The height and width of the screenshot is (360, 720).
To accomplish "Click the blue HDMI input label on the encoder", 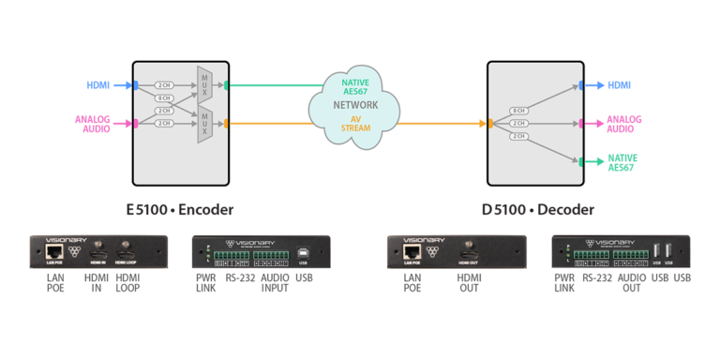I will coord(98,85).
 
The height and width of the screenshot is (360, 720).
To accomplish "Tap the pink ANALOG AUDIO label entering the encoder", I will coord(93,123).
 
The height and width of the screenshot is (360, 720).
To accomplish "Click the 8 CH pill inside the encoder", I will coord(164,98).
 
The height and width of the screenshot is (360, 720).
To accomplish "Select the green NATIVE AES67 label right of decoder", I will coord(622,162).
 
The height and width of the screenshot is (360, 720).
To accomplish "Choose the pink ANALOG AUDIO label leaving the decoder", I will coord(624,124).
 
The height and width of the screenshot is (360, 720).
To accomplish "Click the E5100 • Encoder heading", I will coord(179,208).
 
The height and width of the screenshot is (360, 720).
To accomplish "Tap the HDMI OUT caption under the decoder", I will coord(469,283).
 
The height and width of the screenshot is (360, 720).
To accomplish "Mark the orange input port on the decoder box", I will coord(489,123).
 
